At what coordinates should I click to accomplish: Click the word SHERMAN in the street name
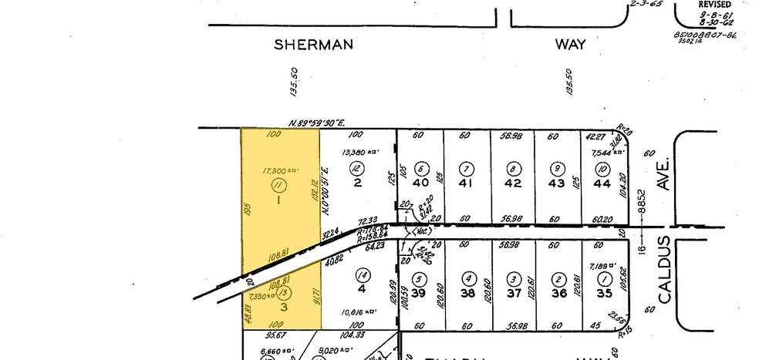click(314, 45)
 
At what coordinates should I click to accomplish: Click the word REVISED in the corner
click(714, 5)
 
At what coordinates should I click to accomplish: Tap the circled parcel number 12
click(356, 168)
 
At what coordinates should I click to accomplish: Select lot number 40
click(420, 183)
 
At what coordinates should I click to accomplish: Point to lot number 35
click(604, 293)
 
